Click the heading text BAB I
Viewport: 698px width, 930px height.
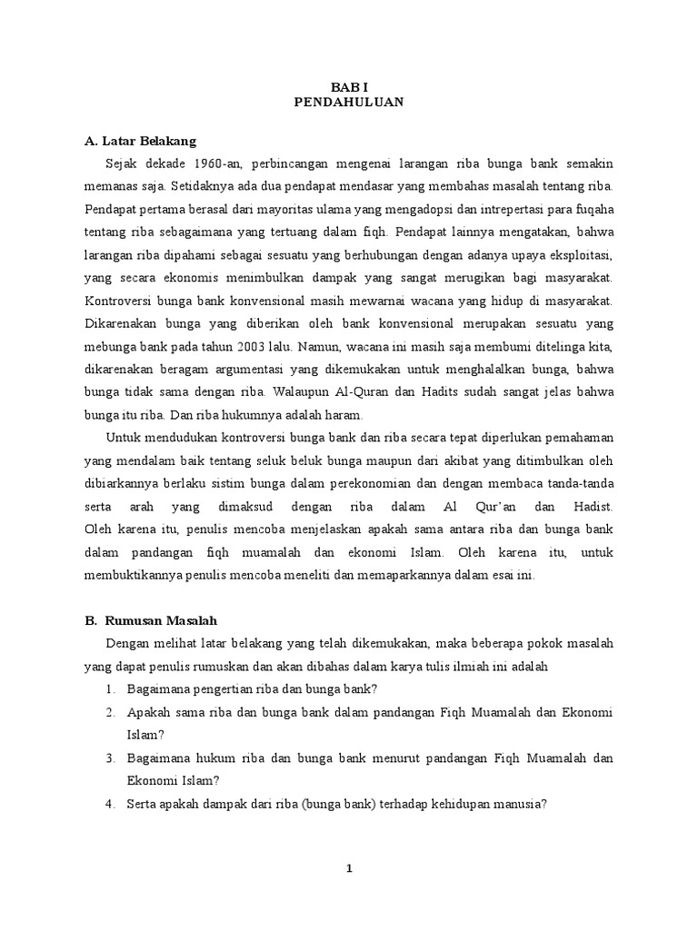(348, 87)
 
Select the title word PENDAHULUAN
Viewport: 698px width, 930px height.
(349, 104)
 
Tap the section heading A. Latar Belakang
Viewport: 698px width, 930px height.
(140, 142)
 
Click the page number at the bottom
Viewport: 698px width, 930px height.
(348, 869)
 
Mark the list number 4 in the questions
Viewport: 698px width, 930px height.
(109, 806)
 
